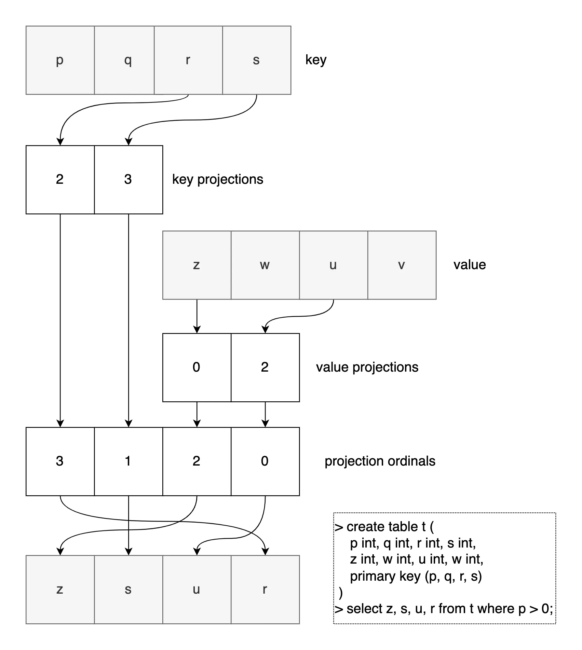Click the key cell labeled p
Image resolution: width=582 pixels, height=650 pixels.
point(60,60)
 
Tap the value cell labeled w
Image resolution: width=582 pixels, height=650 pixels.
point(265,265)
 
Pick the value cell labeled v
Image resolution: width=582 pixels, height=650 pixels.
point(402,265)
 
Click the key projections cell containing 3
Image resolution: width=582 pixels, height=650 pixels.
point(128,180)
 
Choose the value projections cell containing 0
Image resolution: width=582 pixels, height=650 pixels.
point(197,368)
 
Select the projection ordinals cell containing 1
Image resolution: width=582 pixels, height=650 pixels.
point(128,461)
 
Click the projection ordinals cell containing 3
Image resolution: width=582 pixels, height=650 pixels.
point(60,461)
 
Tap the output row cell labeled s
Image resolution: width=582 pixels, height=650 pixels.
point(128,590)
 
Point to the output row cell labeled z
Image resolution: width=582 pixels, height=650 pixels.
point(60,590)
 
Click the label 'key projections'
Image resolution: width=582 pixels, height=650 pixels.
point(217,180)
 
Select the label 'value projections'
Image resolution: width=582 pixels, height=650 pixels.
point(367,368)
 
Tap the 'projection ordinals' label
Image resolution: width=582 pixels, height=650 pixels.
point(380,461)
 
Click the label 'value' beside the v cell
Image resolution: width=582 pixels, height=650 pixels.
point(469,265)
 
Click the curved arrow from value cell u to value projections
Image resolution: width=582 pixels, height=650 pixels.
point(301,316)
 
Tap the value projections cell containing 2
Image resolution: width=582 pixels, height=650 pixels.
point(265,368)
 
